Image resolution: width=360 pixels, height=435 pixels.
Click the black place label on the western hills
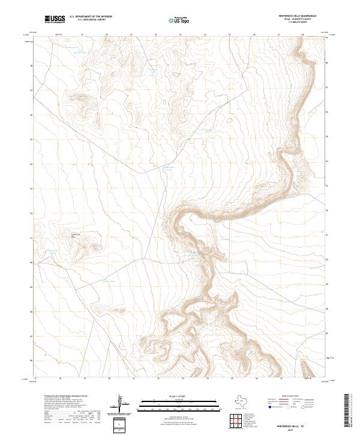point(76,235)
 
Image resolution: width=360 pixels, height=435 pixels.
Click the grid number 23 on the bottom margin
point(182,379)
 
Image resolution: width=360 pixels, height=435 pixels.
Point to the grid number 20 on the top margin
point(107,35)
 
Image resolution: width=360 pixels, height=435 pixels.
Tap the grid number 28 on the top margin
point(302,35)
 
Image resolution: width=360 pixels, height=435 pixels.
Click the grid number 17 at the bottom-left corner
point(36,379)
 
